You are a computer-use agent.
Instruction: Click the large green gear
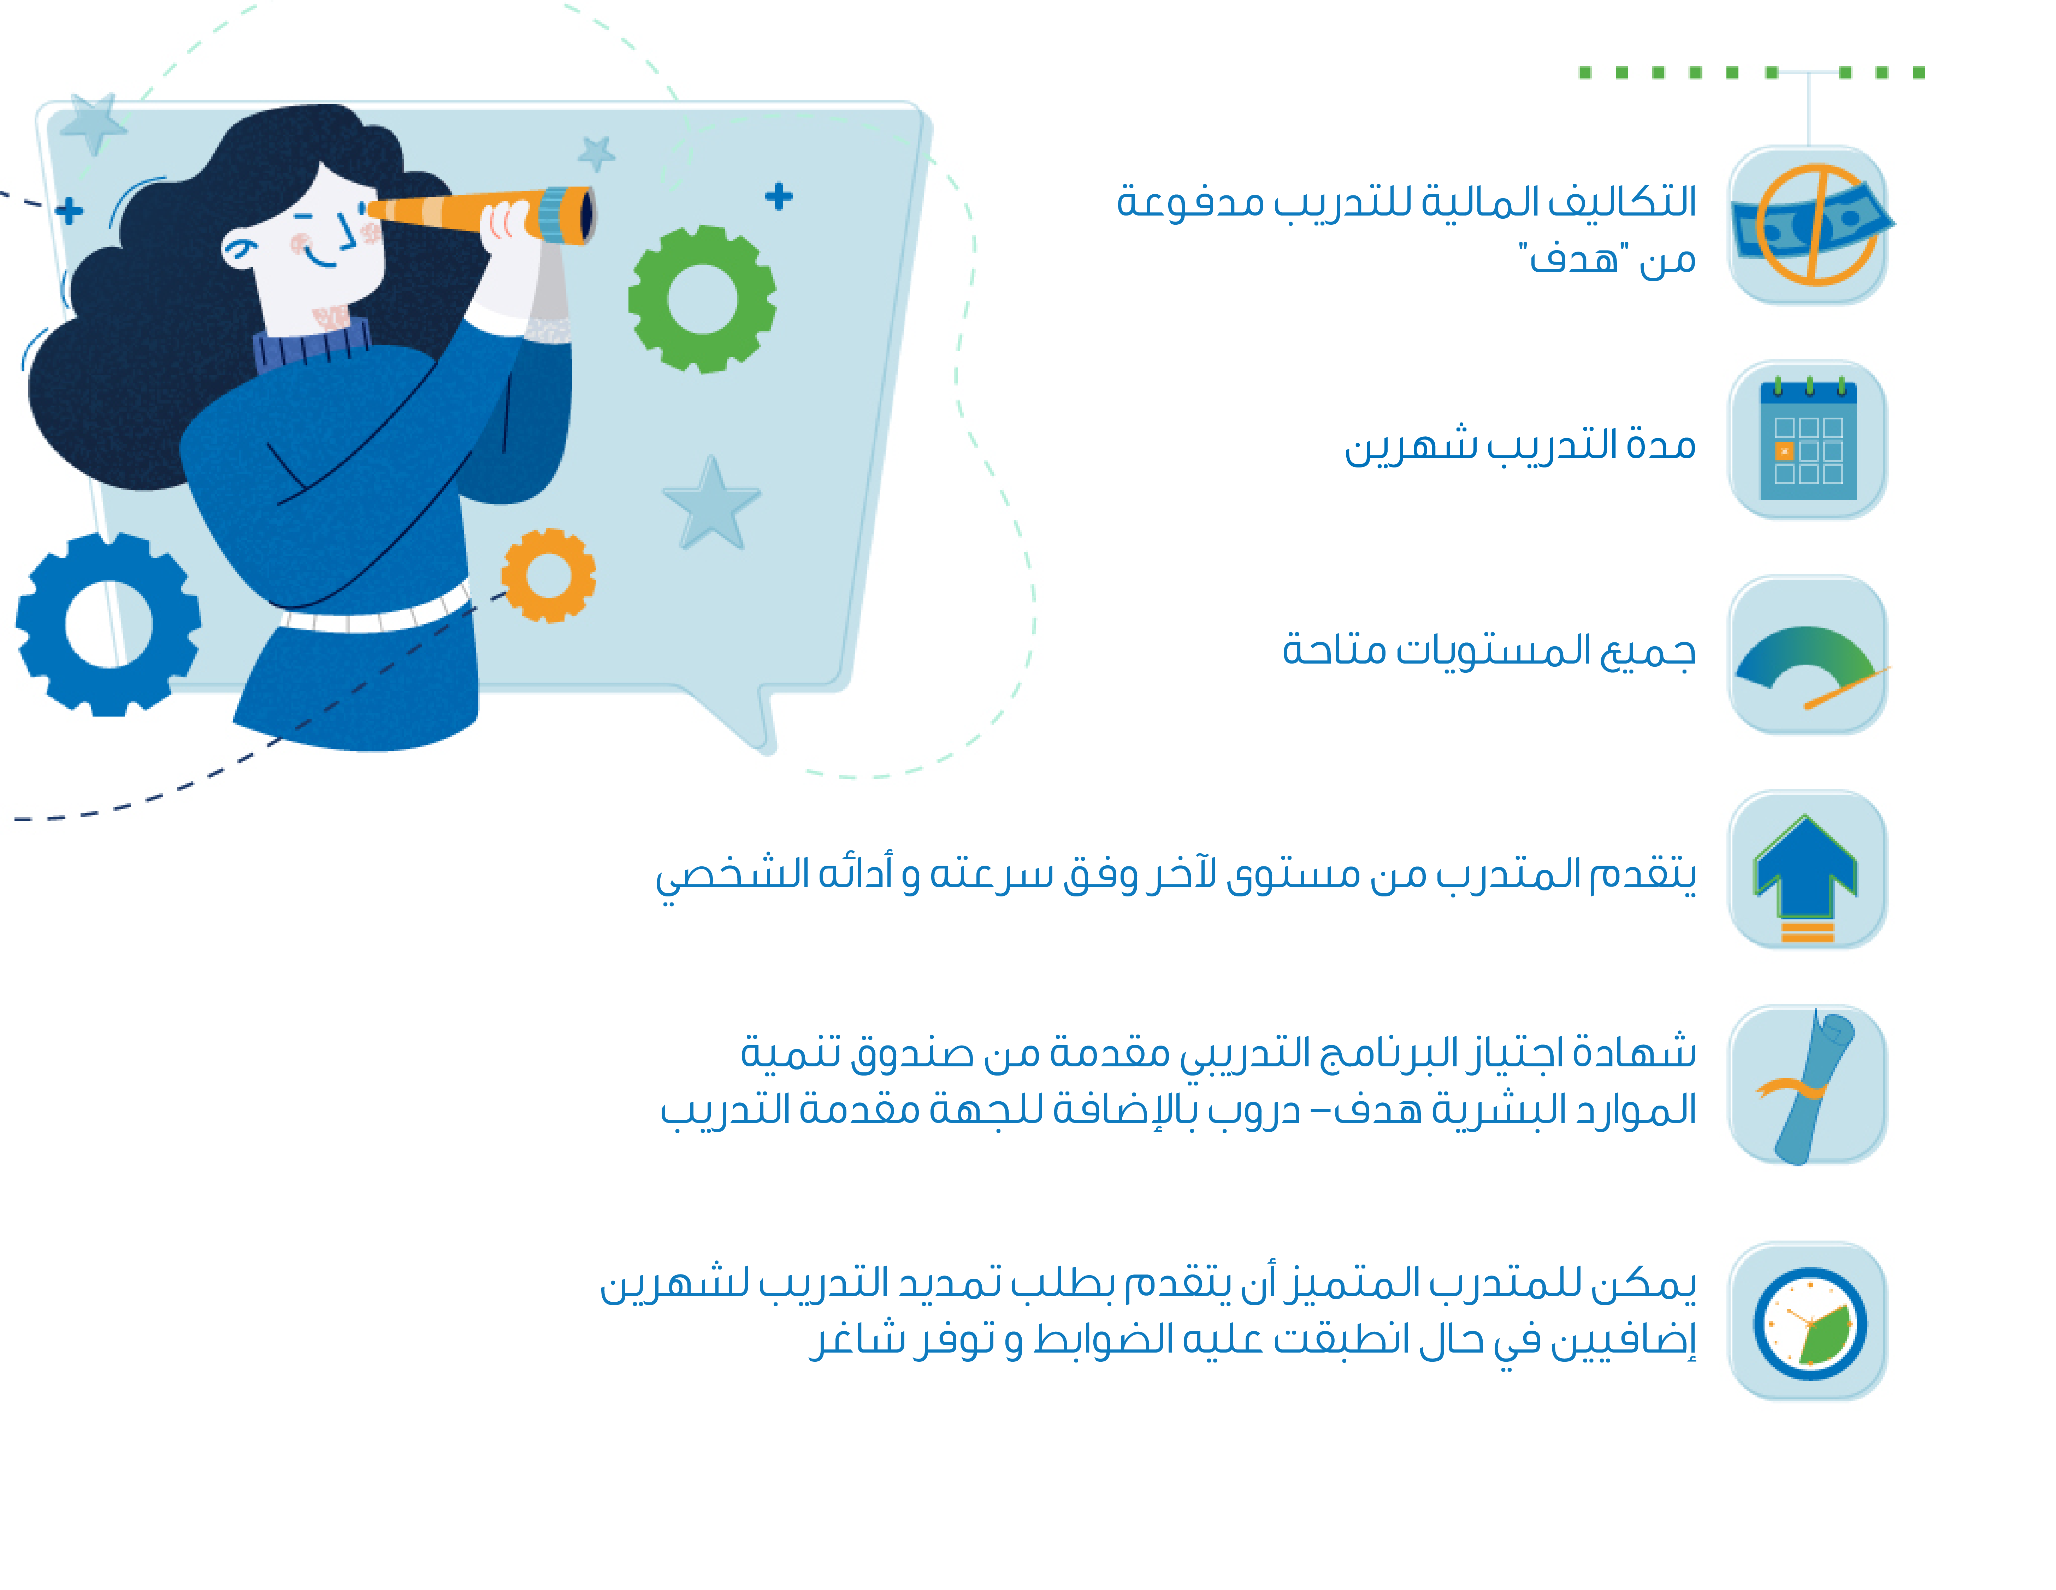click(x=702, y=299)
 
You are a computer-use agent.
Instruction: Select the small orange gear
click(x=549, y=575)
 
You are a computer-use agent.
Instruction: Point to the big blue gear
click(x=108, y=624)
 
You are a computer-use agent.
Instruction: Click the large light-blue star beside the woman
click(x=712, y=503)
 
